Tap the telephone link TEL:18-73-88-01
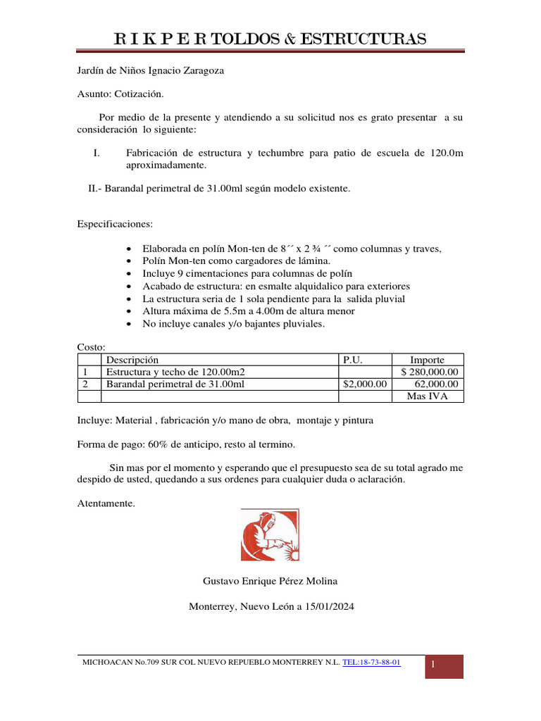371,663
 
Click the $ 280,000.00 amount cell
428,372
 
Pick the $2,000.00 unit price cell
364,384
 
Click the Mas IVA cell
427,396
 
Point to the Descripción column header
132,360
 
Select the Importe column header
427,360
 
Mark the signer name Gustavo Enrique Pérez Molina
270,581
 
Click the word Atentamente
105,503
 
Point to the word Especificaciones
114,224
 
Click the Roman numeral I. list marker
97,153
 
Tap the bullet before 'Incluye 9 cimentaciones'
127,274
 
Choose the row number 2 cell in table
85,384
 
